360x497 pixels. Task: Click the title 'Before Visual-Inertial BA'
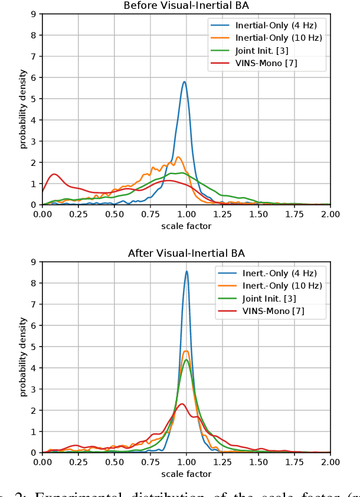[186, 5]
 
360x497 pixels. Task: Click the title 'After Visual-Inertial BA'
[186, 253]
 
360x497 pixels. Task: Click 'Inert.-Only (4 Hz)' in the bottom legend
[279, 273]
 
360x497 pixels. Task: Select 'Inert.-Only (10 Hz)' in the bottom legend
[282, 286]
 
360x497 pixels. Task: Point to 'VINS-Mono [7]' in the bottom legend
[273, 310]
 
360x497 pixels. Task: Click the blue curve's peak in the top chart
[184, 81]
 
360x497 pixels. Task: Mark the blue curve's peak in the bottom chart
[186, 271]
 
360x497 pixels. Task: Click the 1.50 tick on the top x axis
[258, 214]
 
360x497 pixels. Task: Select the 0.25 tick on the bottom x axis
[78, 462]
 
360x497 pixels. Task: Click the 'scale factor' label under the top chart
[186, 225]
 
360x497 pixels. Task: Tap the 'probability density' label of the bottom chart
[23, 357]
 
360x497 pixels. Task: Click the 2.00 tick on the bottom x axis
[330, 462]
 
